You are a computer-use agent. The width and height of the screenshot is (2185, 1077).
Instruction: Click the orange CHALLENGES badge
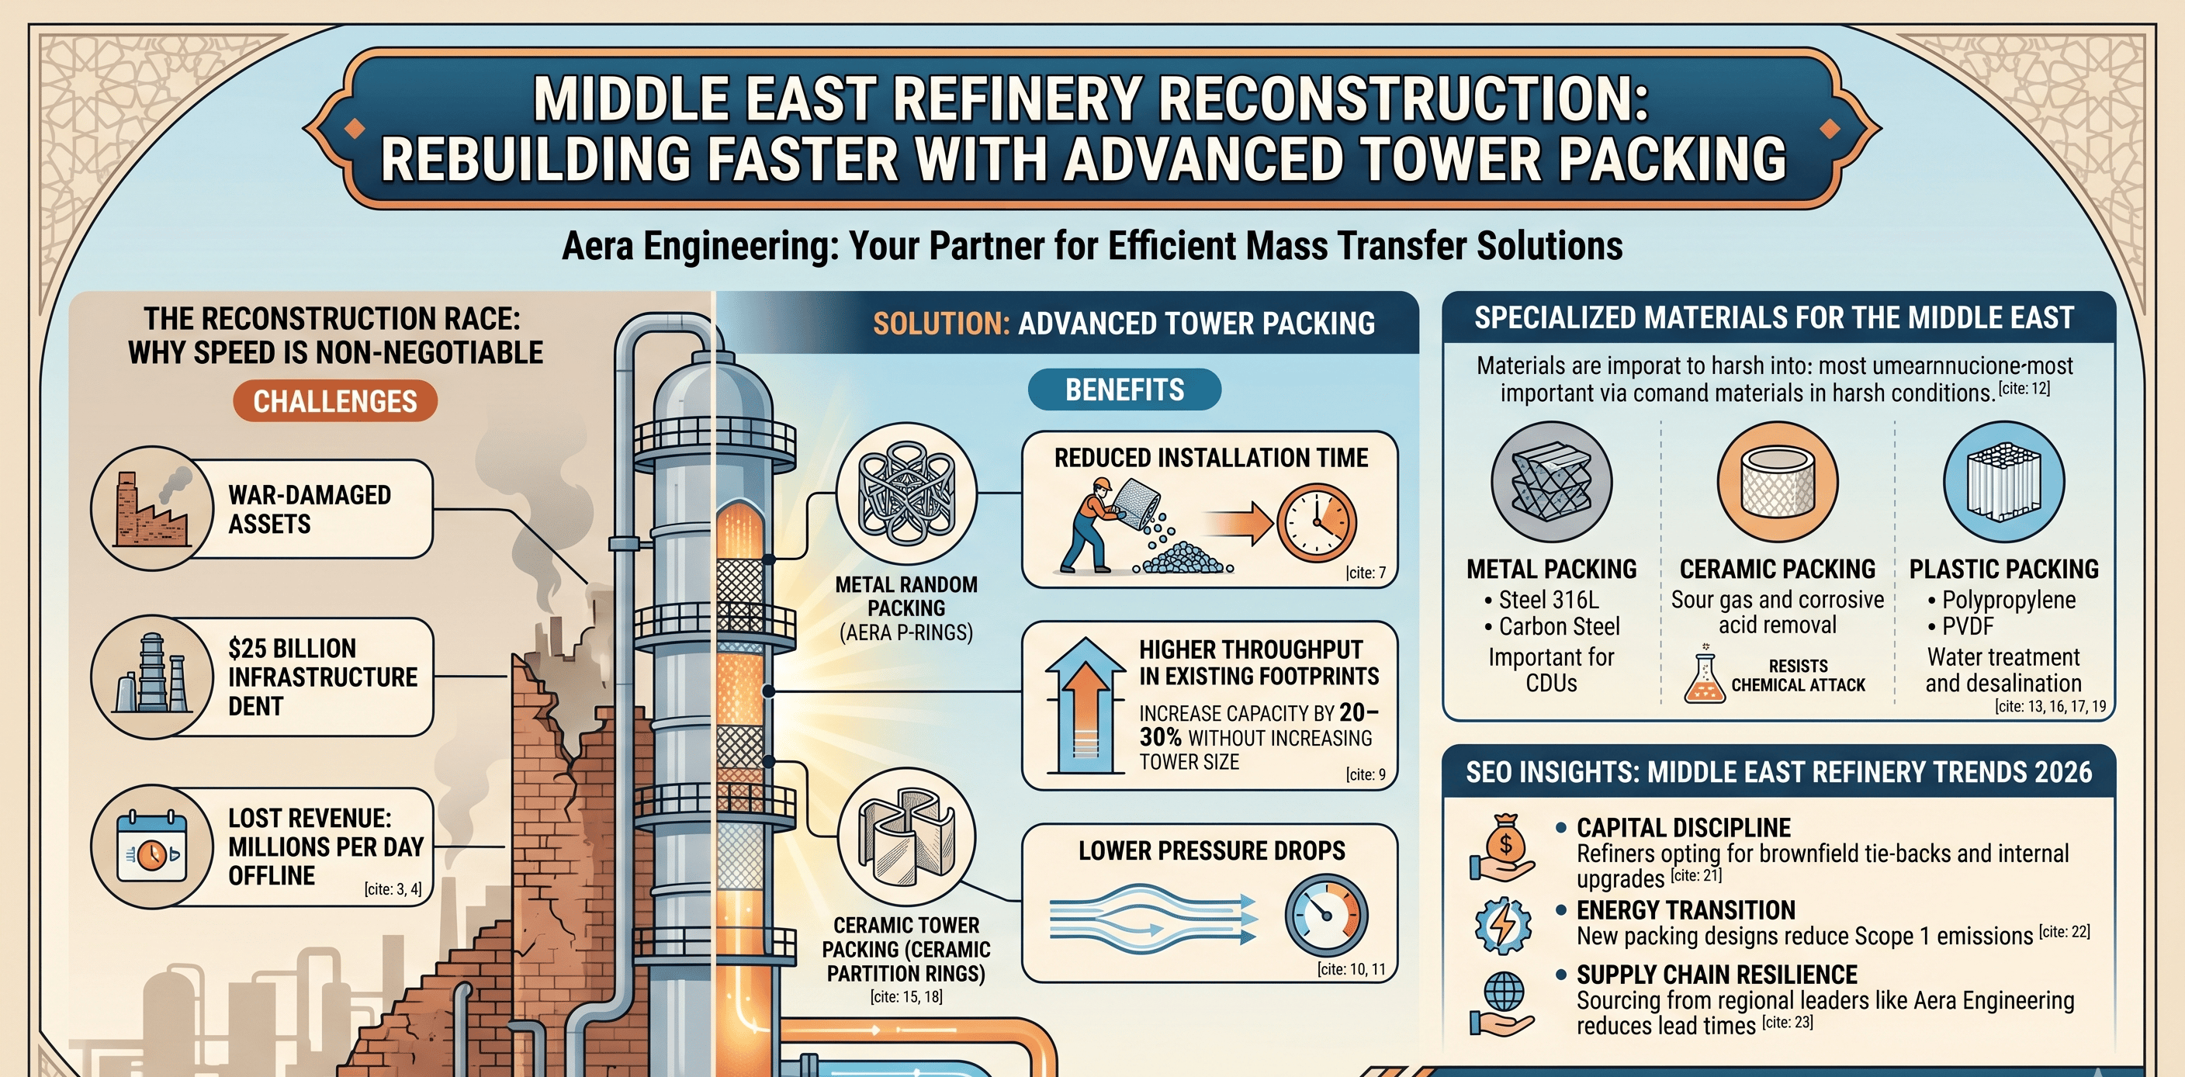point(335,401)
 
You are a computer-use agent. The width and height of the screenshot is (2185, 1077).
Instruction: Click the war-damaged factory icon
point(153,508)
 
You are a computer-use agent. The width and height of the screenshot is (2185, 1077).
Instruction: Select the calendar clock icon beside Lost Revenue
point(152,847)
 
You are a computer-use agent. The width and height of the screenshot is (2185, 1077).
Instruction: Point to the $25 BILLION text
point(292,649)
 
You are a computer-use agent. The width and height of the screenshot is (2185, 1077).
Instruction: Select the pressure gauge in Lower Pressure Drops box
point(1326,916)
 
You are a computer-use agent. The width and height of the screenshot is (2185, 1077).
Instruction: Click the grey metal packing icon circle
point(1550,482)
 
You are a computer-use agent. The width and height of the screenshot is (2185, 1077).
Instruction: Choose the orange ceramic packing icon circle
point(1777,482)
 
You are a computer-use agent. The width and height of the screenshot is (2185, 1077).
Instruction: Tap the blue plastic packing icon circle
point(2003,482)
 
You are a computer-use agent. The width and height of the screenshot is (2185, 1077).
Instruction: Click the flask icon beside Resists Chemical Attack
point(1703,676)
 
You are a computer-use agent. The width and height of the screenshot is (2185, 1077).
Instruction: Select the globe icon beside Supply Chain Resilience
point(1503,1003)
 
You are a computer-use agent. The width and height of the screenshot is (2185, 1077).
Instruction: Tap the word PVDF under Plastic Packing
point(1967,627)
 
